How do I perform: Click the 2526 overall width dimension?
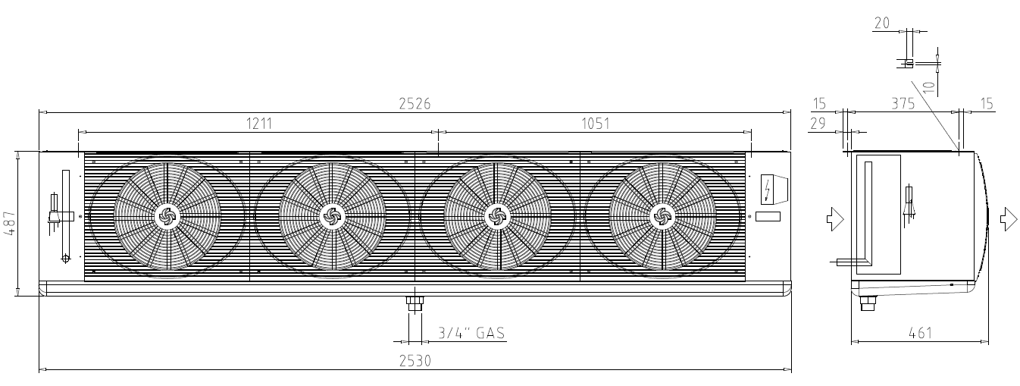pos(415,104)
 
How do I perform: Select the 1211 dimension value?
pos(258,124)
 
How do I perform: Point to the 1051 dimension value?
pos(595,124)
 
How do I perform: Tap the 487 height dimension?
pos(10,224)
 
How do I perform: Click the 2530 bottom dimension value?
pos(415,361)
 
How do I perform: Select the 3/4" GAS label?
pos(472,333)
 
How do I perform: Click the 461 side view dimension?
pos(920,333)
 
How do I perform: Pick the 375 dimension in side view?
pos(903,104)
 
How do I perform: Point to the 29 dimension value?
pos(818,124)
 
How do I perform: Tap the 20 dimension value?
pos(882,23)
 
